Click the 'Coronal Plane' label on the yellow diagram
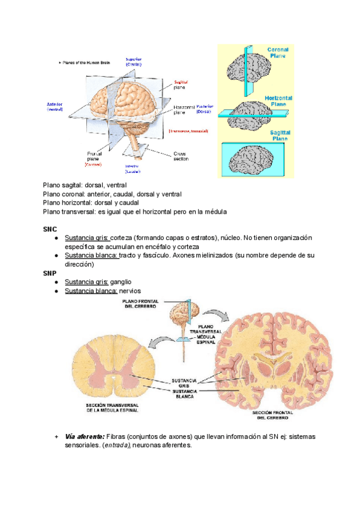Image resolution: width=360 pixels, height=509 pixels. (x=278, y=52)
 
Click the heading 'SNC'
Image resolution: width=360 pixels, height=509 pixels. (x=50, y=229)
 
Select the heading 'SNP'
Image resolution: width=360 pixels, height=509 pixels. (x=50, y=273)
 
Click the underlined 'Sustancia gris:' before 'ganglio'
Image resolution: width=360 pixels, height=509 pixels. (x=86, y=282)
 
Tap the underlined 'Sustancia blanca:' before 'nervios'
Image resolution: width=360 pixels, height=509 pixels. (x=91, y=291)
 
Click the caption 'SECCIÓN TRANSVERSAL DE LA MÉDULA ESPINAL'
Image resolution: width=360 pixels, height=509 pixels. (x=113, y=409)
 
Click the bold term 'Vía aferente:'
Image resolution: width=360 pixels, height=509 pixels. (x=85, y=436)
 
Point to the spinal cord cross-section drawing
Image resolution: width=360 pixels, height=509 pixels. (x=112, y=367)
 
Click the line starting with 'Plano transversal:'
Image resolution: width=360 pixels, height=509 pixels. (x=135, y=211)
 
